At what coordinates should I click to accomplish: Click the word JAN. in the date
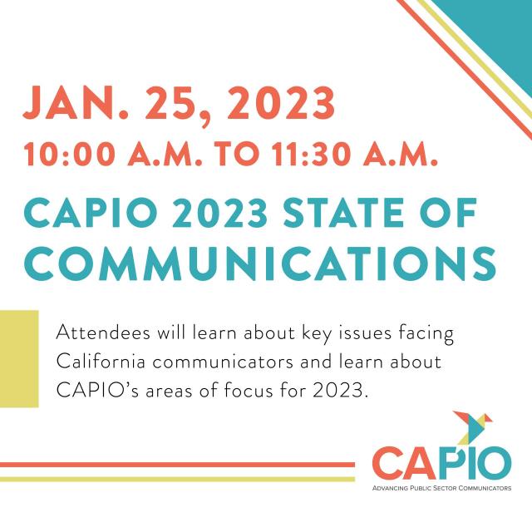tap(76, 103)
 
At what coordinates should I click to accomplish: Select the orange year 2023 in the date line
tap(281, 103)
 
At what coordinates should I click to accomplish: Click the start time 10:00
tap(70, 154)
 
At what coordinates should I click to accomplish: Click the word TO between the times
tap(237, 154)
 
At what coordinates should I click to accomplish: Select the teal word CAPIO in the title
tap(91, 213)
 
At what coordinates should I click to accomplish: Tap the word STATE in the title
tap(343, 213)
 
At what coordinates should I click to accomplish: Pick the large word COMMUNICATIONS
tap(260, 264)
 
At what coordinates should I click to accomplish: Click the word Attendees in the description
tap(103, 332)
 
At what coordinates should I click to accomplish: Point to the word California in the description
tap(101, 362)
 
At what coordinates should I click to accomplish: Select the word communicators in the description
tap(223, 362)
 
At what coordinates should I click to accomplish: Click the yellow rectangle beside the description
tap(19, 358)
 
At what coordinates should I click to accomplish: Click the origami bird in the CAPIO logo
tap(472, 427)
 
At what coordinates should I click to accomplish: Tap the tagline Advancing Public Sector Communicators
tap(441, 488)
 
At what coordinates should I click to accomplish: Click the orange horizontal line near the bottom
tap(177, 465)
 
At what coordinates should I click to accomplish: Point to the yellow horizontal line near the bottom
tap(177, 479)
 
